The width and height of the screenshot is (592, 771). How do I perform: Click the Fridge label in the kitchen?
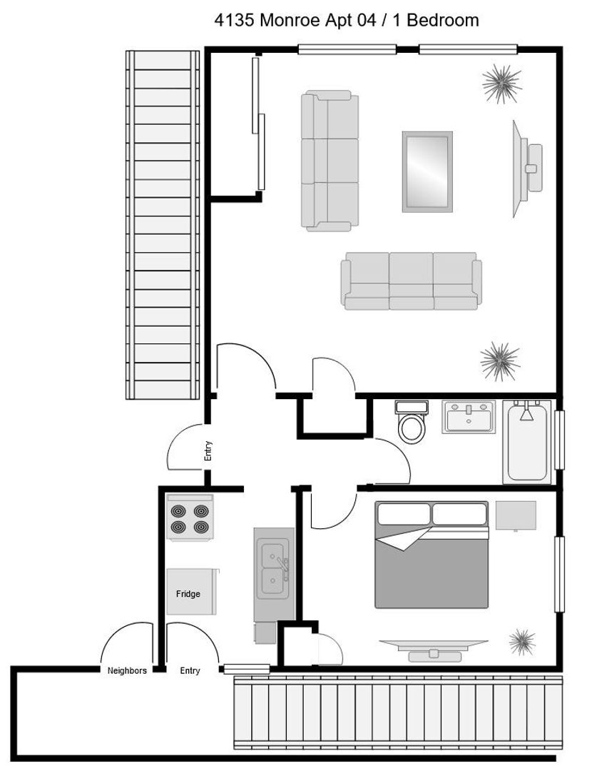coord(188,593)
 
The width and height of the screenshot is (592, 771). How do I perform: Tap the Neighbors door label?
coord(127,670)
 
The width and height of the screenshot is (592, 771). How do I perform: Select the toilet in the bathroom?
coord(412,422)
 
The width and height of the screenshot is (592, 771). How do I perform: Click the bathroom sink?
coord(469,417)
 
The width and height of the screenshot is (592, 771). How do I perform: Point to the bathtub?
coord(527,442)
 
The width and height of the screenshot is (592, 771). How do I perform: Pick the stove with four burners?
coord(190,518)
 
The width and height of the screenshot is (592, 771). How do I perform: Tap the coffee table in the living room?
coord(427,171)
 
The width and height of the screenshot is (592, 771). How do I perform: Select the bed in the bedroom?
coord(432,555)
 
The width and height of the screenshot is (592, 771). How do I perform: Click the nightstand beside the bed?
coord(516,515)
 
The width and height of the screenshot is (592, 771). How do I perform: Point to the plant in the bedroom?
coord(522,642)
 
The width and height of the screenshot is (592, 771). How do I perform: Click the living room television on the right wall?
coord(526,168)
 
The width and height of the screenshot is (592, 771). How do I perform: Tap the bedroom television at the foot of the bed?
coord(434,650)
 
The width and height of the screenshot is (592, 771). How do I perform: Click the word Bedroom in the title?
coord(443,20)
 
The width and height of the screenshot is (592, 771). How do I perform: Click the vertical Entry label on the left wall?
coord(208,451)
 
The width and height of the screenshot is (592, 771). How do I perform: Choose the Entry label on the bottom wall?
coord(190,670)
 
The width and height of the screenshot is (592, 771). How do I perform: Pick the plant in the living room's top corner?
coord(501,84)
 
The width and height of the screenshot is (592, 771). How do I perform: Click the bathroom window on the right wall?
coord(559,440)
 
